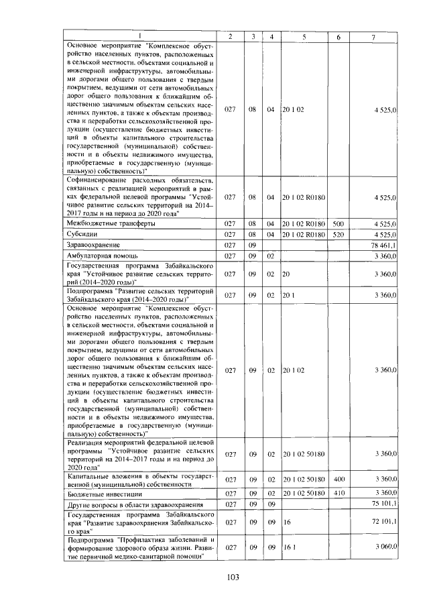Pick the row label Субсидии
[x=82, y=235]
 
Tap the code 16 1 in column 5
[x=289, y=547]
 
